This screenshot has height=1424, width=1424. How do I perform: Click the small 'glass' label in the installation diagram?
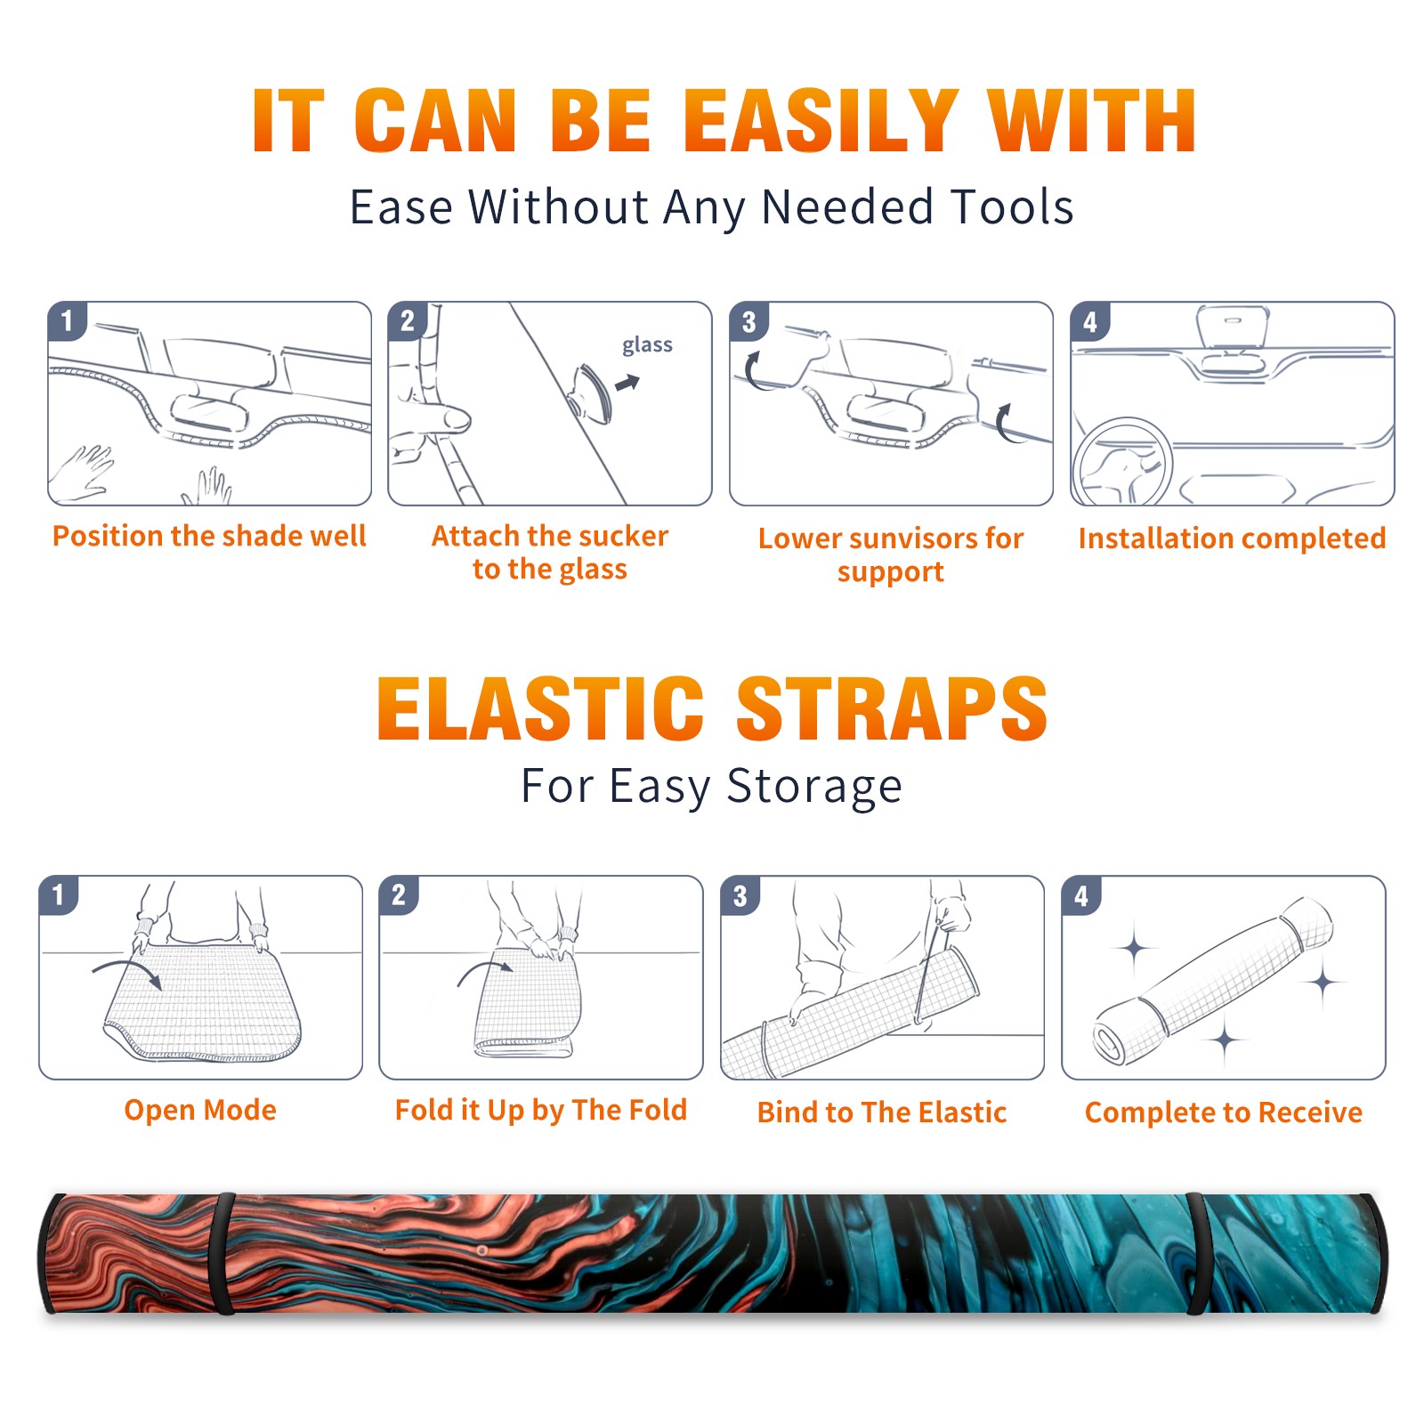click(x=647, y=345)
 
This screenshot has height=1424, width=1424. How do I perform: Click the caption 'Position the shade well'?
click(x=209, y=536)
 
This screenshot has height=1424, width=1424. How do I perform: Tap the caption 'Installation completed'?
click(x=1232, y=538)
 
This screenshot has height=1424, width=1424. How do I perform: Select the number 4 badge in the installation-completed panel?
click(x=1090, y=321)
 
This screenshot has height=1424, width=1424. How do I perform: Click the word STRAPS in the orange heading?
click(x=892, y=708)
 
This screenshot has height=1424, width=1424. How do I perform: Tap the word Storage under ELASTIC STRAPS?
click(x=814, y=786)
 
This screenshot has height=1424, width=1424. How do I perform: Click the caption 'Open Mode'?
click(x=200, y=1110)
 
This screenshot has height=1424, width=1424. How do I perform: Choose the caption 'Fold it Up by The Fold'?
click(x=541, y=1110)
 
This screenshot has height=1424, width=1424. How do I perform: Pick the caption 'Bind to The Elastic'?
click(x=882, y=1112)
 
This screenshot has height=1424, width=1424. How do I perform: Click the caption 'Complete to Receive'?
click(x=1224, y=1112)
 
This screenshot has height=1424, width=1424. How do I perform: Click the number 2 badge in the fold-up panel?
click(x=399, y=895)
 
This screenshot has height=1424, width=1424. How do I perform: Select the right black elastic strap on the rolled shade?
click(x=1195, y=1253)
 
